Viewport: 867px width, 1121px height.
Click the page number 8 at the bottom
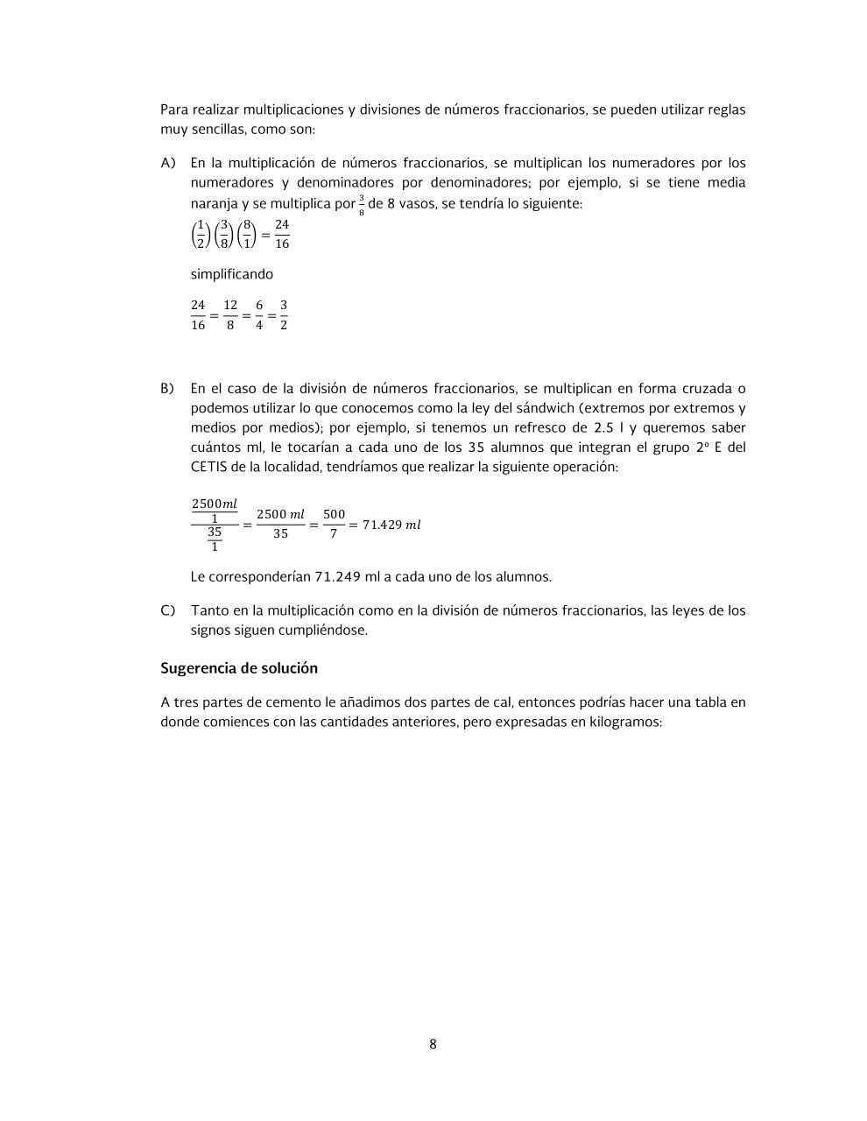click(x=433, y=1044)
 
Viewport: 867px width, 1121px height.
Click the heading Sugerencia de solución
click(x=238, y=668)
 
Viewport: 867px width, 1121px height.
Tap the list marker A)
click(x=168, y=163)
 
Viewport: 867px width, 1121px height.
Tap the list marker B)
click(x=167, y=388)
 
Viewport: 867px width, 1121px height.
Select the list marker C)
click(x=167, y=610)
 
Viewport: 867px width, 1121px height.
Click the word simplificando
click(x=232, y=274)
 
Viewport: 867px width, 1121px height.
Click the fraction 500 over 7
click(x=334, y=524)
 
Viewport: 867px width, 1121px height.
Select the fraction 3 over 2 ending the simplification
click(x=284, y=315)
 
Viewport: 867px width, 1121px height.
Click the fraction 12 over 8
click(x=230, y=315)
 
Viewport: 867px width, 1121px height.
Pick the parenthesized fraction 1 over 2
click(x=200, y=235)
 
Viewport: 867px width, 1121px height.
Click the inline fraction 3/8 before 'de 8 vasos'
click(x=362, y=205)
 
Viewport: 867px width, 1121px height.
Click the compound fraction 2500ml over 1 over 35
click(x=215, y=525)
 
